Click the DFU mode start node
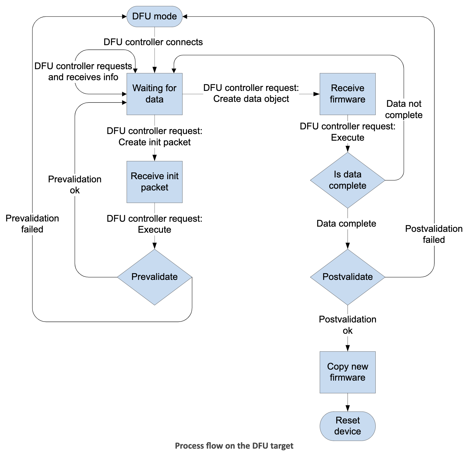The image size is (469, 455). pyautogui.click(x=154, y=16)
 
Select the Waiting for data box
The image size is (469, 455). pyautogui.click(x=154, y=94)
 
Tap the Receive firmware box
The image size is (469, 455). pyautogui.click(x=347, y=94)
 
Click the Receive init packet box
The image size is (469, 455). pyautogui.click(x=154, y=182)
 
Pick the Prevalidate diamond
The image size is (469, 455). pyautogui.click(x=154, y=277)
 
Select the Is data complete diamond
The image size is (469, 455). pyautogui.click(x=347, y=180)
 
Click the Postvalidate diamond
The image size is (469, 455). pyautogui.click(x=347, y=277)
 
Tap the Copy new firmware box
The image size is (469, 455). pyautogui.click(x=347, y=372)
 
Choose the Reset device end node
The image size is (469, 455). pyautogui.click(x=347, y=426)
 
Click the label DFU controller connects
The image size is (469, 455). pyautogui.click(x=153, y=42)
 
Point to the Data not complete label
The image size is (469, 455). pyautogui.click(x=403, y=109)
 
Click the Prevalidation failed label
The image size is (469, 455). pyautogui.click(x=32, y=224)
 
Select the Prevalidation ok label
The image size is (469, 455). pyautogui.click(x=74, y=185)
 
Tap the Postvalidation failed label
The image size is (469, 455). pyautogui.click(x=433, y=234)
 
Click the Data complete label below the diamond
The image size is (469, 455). pyautogui.click(x=346, y=223)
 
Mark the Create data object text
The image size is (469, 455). pyautogui.click(x=251, y=99)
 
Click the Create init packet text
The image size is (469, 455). pyautogui.click(x=154, y=142)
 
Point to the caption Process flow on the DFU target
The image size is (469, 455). pyautogui.click(x=234, y=445)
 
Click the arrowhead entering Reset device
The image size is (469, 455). pyautogui.click(x=347, y=408)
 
